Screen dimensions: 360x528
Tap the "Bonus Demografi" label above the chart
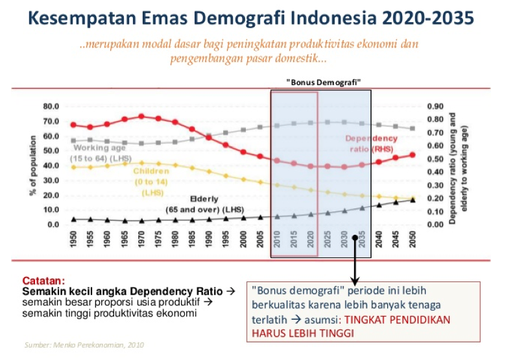coord(323,82)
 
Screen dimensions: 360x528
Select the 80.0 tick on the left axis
coord(51,106)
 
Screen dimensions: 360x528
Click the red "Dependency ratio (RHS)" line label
coord(370,143)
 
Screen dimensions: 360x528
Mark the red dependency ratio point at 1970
coord(141,117)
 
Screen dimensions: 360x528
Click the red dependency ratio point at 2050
coord(413,155)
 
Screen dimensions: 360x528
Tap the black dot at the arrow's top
coord(355,237)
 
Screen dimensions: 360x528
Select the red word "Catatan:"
coord(43,281)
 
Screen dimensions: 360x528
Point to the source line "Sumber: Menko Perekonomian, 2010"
coord(84,345)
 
